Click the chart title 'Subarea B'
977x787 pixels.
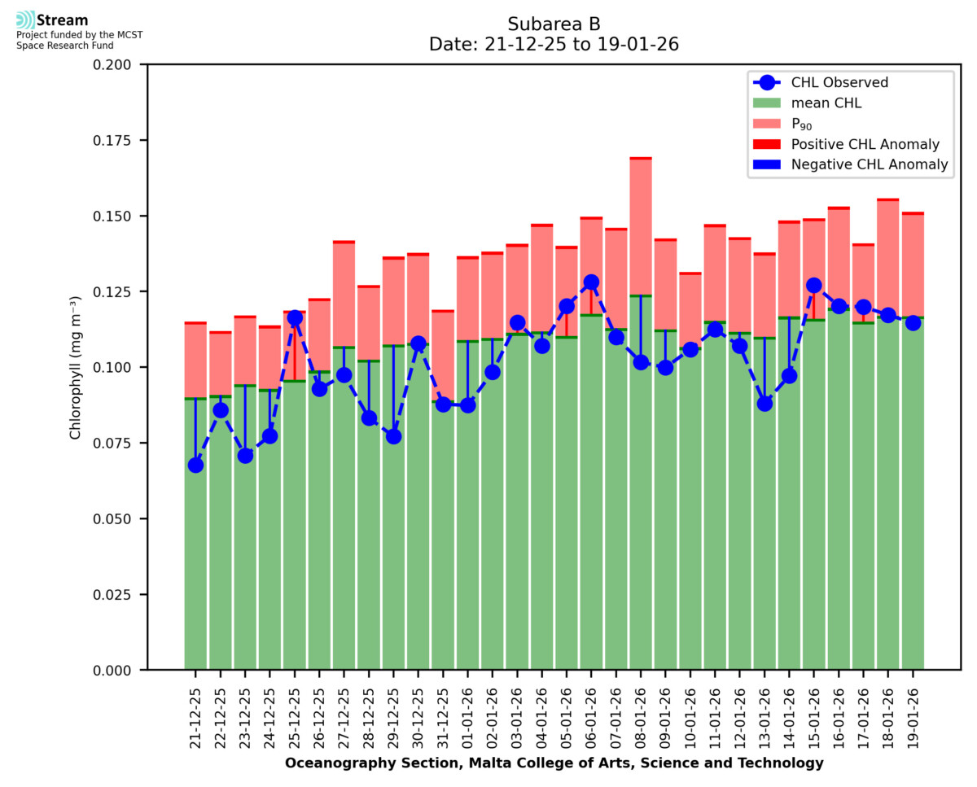(554, 24)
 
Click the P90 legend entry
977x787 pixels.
(802, 124)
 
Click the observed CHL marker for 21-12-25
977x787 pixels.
(195, 465)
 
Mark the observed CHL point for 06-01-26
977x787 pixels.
(591, 282)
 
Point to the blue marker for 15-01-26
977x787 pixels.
(813, 286)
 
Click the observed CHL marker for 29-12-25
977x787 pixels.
(393, 436)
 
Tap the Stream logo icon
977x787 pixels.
(25, 20)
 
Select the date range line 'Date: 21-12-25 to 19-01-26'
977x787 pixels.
(554, 45)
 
